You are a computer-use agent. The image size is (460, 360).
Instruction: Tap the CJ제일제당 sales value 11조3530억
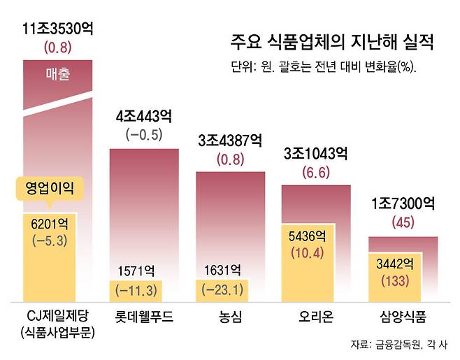(x=57, y=31)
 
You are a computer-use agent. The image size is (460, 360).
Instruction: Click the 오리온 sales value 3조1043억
(x=316, y=154)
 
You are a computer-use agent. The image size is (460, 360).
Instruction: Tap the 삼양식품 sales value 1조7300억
(x=403, y=205)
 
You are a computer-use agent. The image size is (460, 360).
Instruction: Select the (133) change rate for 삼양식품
(x=395, y=281)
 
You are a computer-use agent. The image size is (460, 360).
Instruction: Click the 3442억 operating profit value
(x=395, y=264)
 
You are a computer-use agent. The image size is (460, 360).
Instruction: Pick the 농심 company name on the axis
(x=230, y=317)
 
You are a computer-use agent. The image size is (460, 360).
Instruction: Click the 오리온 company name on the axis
(x=316, y=317)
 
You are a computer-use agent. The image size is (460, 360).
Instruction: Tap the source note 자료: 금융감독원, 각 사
(x=399, y=345)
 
